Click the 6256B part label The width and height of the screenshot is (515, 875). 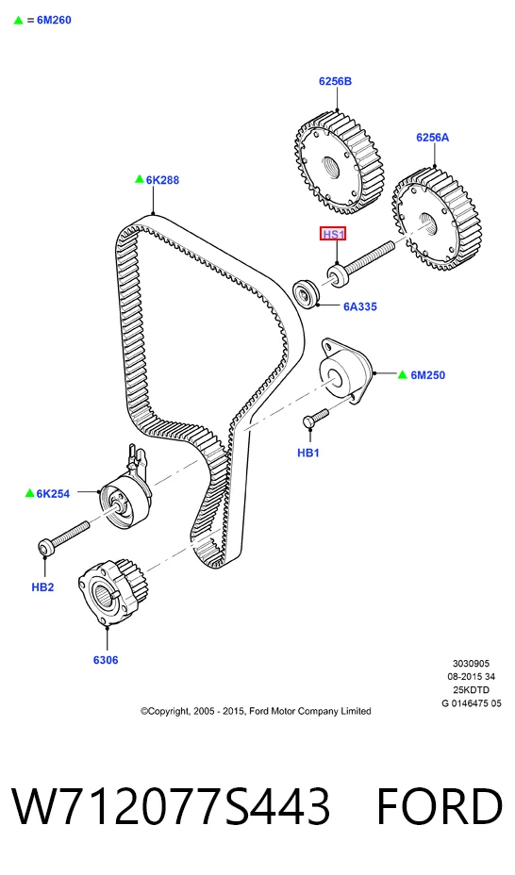[x=335, y=81]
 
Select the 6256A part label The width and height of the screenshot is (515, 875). [x=432, y=138]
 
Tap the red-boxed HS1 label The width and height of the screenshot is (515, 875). [x=333, y=234]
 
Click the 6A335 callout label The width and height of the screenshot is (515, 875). [x=360, y=306]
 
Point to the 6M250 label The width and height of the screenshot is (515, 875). [x=428, y=375]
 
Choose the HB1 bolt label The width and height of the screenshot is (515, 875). [x=308, y=453]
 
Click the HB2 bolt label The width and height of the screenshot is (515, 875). [x=42, y=586]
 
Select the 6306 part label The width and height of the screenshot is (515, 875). [x=106, y=660]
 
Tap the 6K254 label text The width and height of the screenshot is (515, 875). [x=53, y=493]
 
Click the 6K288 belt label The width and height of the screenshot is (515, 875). [x=162, y=180]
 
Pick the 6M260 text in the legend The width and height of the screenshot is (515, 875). [x=54, y=20]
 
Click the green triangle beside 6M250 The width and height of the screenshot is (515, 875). [x=403, y=374]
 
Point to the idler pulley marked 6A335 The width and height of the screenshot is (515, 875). [x=307, y=291]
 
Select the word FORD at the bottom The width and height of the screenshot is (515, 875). [x=440, y=806]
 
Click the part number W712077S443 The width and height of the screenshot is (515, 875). [x=171, y=806]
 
